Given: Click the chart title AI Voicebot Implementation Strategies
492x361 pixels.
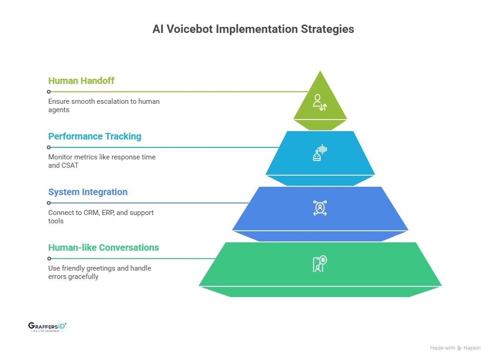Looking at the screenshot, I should tap(253, 29).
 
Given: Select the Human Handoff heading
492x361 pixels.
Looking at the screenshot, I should tap(81, 81).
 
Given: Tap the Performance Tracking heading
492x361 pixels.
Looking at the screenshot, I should tap(95, 136).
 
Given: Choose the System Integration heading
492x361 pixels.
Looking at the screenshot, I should tap(88, 192).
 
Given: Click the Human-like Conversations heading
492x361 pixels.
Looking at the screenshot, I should tap(104, 247).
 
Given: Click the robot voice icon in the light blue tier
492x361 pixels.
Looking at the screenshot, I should tap(320, 153).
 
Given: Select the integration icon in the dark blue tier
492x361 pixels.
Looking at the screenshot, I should tap(320, 208).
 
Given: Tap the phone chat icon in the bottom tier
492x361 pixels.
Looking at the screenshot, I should tap(320, 264).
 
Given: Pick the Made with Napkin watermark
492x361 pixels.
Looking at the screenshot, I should tap(455, 348).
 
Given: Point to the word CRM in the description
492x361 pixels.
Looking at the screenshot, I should tap(90, 213).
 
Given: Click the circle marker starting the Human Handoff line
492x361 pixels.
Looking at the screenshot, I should tap(49, 92).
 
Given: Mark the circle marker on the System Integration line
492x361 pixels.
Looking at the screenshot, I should tap(49, 203).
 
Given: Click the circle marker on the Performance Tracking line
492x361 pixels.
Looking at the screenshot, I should tap(49, 147).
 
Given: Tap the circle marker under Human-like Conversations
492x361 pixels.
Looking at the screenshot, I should tap(49, 259).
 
